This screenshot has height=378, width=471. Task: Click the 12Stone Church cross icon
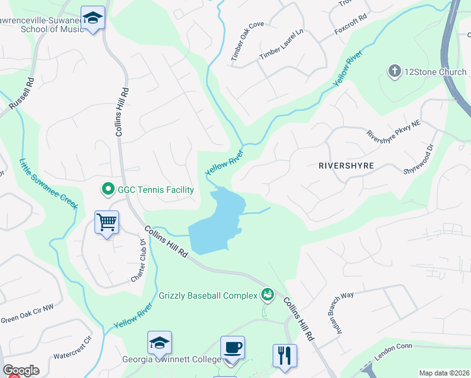tap(395, 71)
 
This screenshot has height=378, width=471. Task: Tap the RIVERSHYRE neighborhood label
tap(346, 166)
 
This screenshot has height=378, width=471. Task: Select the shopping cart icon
tap(106, 222)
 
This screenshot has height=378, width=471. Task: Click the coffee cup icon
tap(232, 347)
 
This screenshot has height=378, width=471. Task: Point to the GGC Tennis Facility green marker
tap(108, 188)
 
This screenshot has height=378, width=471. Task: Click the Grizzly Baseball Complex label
tap(207, 295)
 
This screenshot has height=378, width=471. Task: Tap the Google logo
tap(21, 370)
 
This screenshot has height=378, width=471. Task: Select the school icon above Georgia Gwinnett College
tap(160, 343)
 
